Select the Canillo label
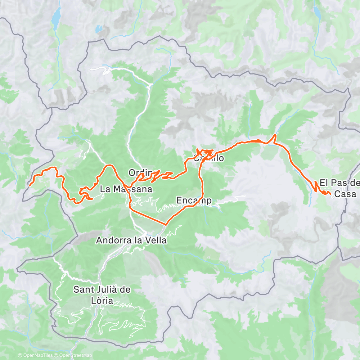tap(209, 158)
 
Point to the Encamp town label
tap(194, 200)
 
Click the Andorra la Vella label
tap(131, 240)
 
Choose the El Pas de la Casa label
tap(339, 189)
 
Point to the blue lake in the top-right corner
tap(317, 13)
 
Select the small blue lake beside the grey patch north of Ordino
tap(98, 28)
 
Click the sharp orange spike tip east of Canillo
tap(275, 135)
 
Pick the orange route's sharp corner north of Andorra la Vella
tap(165, 225)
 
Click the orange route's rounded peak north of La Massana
tap(109, 166)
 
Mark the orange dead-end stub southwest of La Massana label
tap(92, 198)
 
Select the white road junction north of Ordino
tap(150, 85)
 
